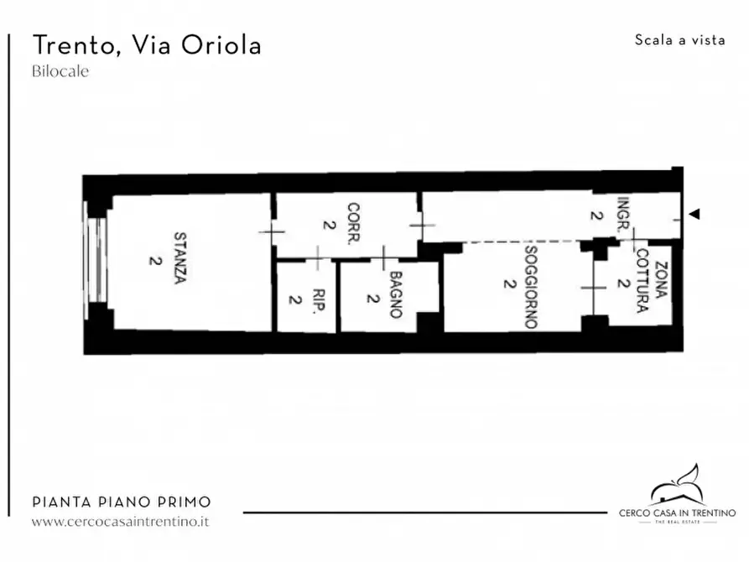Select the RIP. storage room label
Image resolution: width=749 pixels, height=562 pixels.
pyautogui.click(x=318, y=299)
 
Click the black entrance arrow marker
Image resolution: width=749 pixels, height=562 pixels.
pyautogui.click(x=694, y=215)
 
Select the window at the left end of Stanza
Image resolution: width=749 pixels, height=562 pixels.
pyautogui.click(x=97, y=256)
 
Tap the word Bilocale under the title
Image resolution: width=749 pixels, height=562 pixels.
pyautogui.click(x=60, y=71)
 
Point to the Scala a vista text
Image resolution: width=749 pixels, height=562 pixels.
pyautogui.click(x=679, y=40)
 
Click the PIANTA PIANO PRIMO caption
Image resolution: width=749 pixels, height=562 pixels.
pyautogui.click(x=121, y=502)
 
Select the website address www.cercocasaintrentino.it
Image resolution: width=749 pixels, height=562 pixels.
pyautogui.click(x=120, y=521)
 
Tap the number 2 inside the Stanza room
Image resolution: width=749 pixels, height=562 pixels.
pyautogui.click(x=154, y=260)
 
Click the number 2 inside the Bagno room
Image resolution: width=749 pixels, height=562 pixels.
pyautogui.click(x=370, y=298)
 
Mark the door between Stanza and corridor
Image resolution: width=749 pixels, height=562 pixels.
pyautogui.click(x=271, y=231)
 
